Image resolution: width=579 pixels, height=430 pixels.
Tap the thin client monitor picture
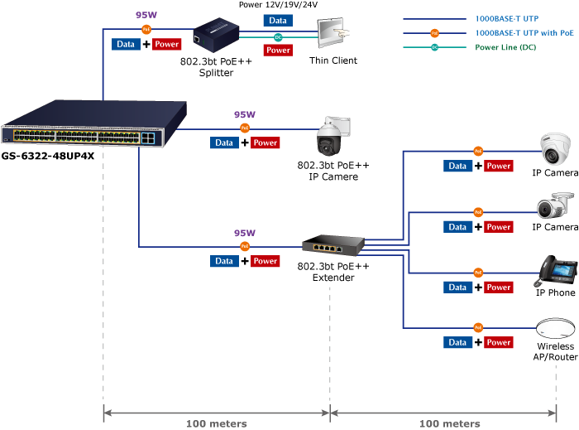tap(333, 36)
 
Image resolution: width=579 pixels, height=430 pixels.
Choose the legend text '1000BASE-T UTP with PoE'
tap(525, 32)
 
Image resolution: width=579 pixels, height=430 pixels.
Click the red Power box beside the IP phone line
tap(499, 287)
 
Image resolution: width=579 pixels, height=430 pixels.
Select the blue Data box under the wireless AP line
tap(457, 342)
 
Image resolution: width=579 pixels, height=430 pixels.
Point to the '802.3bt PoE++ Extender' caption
tap(333, 272)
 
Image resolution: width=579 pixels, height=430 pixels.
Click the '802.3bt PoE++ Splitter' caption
tap(216, 67)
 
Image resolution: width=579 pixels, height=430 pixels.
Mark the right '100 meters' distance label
tap(448, 423)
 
